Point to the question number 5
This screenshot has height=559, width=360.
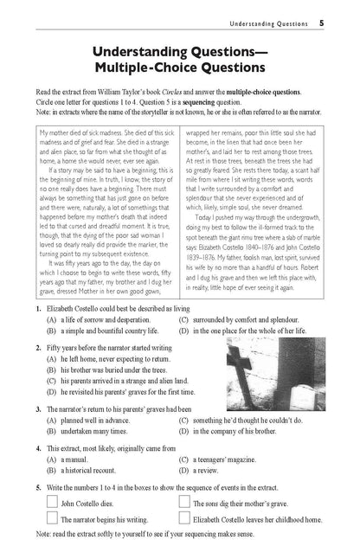[x=39, y=488]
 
